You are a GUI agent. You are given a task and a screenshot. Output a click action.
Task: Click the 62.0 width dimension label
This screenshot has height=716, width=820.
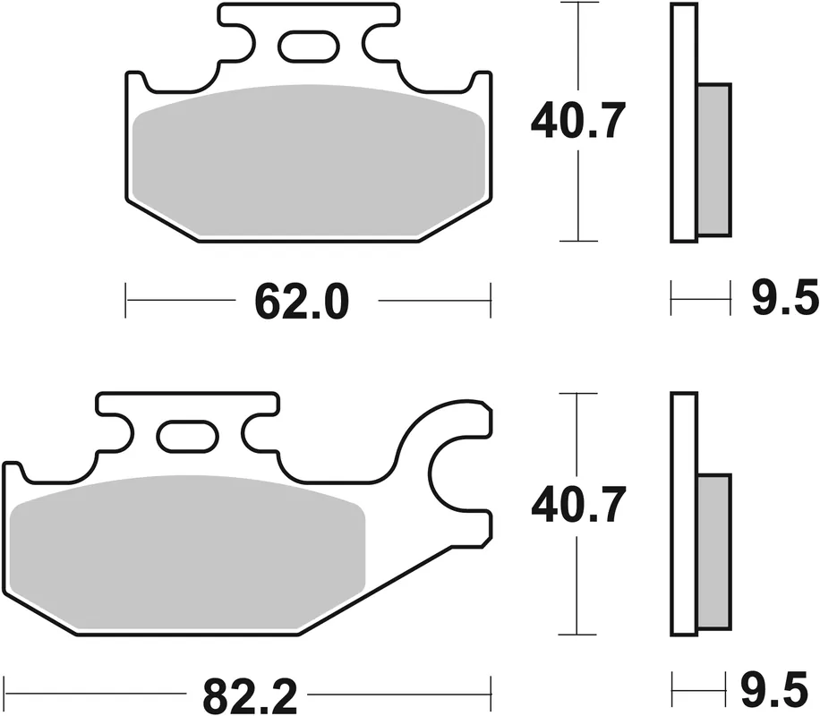(301, 302)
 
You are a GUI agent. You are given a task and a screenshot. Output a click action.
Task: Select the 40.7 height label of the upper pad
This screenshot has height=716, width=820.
(576, 122)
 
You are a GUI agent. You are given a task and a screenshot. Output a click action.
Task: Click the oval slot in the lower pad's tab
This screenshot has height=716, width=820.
(187, 436)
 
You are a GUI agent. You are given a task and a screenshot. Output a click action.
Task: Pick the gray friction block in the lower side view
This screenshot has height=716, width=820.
(713, 550)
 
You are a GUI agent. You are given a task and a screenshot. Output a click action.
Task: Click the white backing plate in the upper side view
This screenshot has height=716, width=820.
(683, 123)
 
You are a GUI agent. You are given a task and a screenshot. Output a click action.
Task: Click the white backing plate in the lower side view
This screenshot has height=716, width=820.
(683, 515)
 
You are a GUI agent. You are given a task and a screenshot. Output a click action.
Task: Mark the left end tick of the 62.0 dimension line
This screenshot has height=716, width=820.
(126, 301)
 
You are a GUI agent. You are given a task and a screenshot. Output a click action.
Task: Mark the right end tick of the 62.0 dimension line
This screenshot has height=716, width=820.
(491, 301)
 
